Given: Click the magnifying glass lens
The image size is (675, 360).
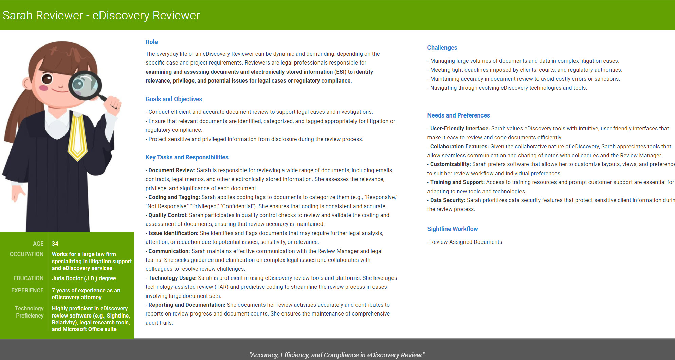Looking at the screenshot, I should pyautogui.click(x=85, y=85).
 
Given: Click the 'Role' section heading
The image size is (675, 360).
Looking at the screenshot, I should pyautogui.click(x=151, y=42).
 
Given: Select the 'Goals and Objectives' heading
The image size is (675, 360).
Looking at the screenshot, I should pyautogui.click(x=174, y=99).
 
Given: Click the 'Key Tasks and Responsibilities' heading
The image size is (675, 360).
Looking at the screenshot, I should pyautogui.click(x=187, y=157).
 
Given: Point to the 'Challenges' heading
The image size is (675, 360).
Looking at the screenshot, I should pyautogui.click(x=442, y=48).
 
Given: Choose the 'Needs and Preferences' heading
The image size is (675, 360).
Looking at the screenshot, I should pyautogui.click(x=458, y=115).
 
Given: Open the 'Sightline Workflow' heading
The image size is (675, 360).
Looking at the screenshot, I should pyautogui.click(x=452, y=229).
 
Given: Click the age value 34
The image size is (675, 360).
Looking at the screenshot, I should pyautogui.click(x=55, y=244).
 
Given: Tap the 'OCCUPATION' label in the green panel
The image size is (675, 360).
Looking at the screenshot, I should pyautogui.click(x=26, y=254).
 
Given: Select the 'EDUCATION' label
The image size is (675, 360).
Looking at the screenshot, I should pyautogui.click(x=29, y=278).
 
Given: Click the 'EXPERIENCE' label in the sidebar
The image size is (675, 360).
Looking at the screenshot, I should pyautogui.click(x=27, y=290).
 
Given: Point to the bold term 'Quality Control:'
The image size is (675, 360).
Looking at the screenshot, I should pyautogui.click(x=168, y=215).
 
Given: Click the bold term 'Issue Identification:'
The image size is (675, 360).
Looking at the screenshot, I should pyautogui.click(x=173, y=233).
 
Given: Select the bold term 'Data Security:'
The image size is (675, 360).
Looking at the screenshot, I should pyautogui.click(x=448, y=200).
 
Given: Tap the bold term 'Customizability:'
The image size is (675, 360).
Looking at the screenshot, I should pyautogui.click(x=450, y=164).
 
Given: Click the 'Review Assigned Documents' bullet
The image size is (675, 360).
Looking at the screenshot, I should pyautogui.click(x=466, y=242).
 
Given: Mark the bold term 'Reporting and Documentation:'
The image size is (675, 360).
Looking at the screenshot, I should pyautogui.click(x=187, y=305).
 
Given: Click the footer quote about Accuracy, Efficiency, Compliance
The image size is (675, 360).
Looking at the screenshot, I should pyautogui.click(x=337, y=355).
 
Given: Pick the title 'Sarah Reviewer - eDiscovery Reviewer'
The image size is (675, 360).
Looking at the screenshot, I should pyautogui.click(x=101, y=15).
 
